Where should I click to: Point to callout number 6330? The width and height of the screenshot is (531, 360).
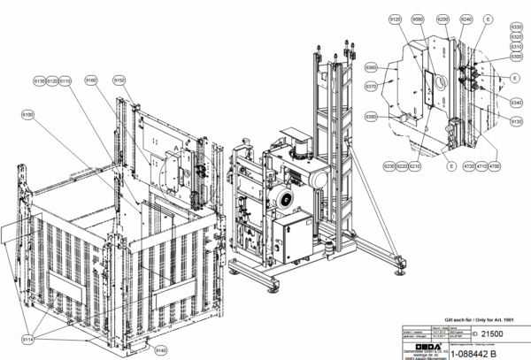(x=517, y=27)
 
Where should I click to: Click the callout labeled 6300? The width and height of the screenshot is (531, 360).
(x=517, y=57)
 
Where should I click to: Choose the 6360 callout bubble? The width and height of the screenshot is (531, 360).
(x=372, y=67)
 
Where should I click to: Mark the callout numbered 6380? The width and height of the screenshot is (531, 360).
(x=372, y=116)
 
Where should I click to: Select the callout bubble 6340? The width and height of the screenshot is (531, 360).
(x=517, y=102)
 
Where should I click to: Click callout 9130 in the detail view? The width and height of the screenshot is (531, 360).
(x=517, y=120)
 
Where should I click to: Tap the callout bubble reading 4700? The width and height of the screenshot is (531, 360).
(x=494, y=165)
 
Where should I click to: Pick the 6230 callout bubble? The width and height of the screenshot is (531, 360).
(x=389, y=165)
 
